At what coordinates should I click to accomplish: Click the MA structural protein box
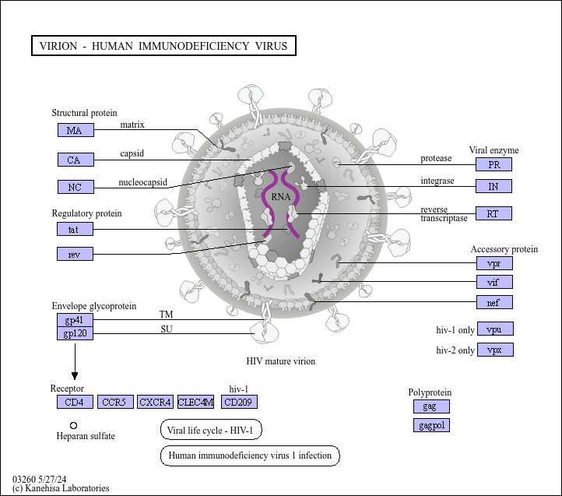coord(76,130)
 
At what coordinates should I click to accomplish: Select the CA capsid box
coord(76,160)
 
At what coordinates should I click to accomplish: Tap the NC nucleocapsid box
coord(76,187)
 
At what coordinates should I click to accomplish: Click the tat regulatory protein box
coord(76,229)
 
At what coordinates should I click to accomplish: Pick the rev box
coord(76,254)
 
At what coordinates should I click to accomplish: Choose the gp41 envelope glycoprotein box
coord(76,321)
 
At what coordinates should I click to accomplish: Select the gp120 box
coord(76,333)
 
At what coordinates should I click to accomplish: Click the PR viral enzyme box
coord(494,164)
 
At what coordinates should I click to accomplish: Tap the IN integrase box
coord(494,186)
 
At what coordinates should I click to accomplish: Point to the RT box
coord(494,213)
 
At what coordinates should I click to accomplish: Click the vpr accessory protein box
coord(494,263)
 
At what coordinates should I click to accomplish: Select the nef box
coord(494,302)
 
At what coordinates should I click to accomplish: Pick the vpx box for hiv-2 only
coord(495,350)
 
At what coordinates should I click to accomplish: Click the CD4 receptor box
coord(76,402)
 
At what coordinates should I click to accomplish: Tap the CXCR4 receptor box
coord(156,402)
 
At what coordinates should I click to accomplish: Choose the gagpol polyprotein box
coord(431,425)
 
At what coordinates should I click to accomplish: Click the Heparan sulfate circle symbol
coord(73,425)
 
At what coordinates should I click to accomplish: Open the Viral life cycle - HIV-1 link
coord(211,430)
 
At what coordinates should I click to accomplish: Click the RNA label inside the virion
coord(281,197)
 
